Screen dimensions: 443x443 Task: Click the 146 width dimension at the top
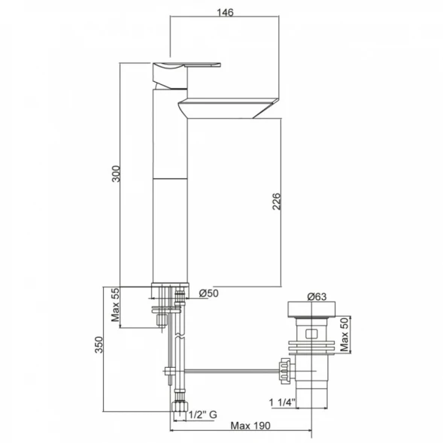tap(225, 13)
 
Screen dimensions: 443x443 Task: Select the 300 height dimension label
tap(116, 174)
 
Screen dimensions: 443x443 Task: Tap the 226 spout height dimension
tap(276, 202)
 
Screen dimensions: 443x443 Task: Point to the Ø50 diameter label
tap(208, 293)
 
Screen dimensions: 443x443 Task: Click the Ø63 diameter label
tap(317, 296)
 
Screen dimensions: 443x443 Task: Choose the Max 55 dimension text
tap(115, 305)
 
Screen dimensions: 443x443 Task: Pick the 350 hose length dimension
tap(99, 344)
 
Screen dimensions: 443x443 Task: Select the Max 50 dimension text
tap(344, 334)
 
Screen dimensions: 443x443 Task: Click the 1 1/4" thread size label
tap(282, 402)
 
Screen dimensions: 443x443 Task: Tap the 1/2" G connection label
tap(203, 414)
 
